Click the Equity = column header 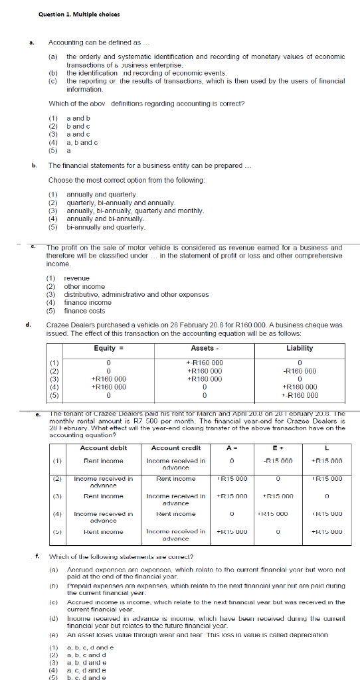click(108, 348)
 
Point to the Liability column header click(300, 348)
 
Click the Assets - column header click(205, 348)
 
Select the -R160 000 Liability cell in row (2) click(300, 371)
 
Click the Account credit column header click(175, 448)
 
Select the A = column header click(232, 448)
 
